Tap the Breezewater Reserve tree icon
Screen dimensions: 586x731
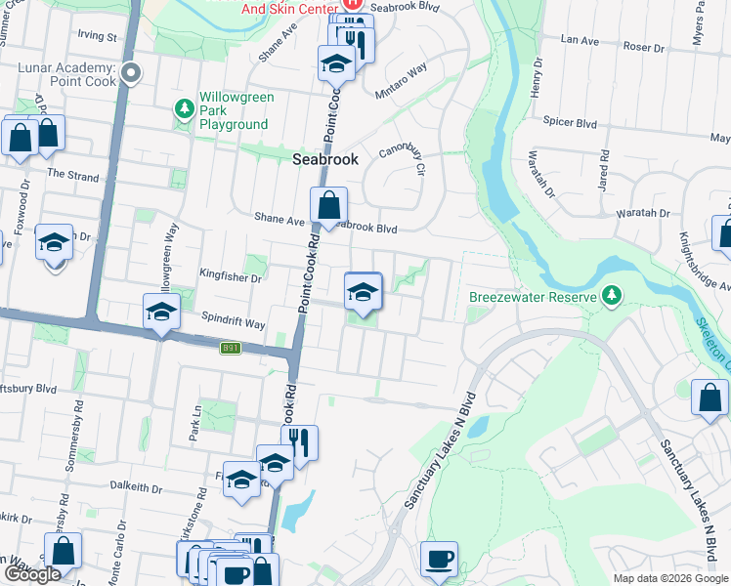(612, 294)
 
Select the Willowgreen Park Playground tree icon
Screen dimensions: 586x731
(183, 106)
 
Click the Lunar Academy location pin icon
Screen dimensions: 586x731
(132, 72)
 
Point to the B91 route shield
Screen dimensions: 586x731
(230, 348)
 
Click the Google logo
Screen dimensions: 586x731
(32, 574)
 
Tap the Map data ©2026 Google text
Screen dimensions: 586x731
(670, 578)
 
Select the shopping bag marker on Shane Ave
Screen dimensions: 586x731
(329, 206)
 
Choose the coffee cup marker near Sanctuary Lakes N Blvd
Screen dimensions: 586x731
(439, 561)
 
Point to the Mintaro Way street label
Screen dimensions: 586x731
(402, 82)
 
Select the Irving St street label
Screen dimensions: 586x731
(98, 37)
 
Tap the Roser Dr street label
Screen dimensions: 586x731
(643, 46)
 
